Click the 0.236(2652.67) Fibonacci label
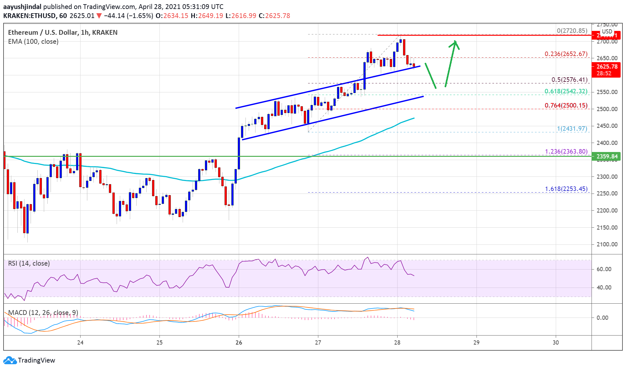tap(566, 54)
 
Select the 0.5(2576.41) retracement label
tap(569, 80)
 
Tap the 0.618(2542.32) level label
tap(566, 91)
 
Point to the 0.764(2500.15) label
tap(566, 105)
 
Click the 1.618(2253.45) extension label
tap(566, 189)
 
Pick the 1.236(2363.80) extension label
tap(566, 151)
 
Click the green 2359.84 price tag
tap(607, 157)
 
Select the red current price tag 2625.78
tap(607, 67)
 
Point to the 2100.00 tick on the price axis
tap(607, 244)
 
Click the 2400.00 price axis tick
tap(607, 143)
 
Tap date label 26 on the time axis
tap(239, 342)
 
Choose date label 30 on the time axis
tap(555, 342)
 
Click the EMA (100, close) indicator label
tap(33, 42)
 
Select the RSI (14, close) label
tap(29, 263)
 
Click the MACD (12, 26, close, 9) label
tap(43, 313)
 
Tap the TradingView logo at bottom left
tap(29, 360)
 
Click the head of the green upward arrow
tap(455, 42)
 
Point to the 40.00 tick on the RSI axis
tap(603, 287)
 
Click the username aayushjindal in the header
tap(22, 6)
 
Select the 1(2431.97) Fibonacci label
tap(572, 128)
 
